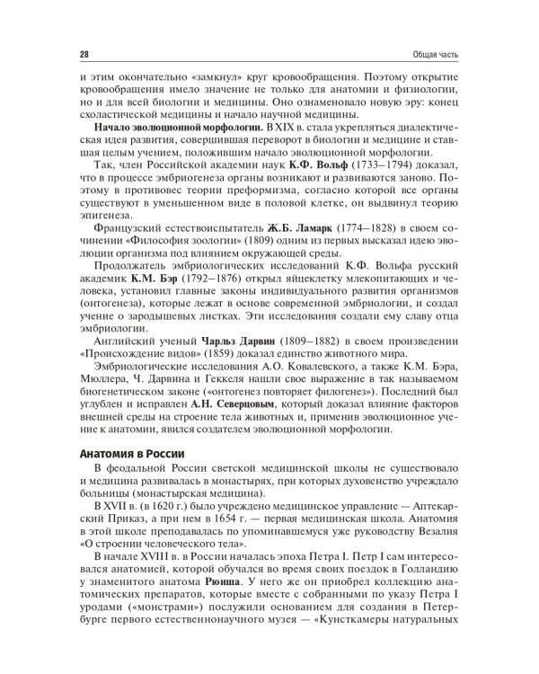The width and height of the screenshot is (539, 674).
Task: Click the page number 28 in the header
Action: (x=84, y=55)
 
